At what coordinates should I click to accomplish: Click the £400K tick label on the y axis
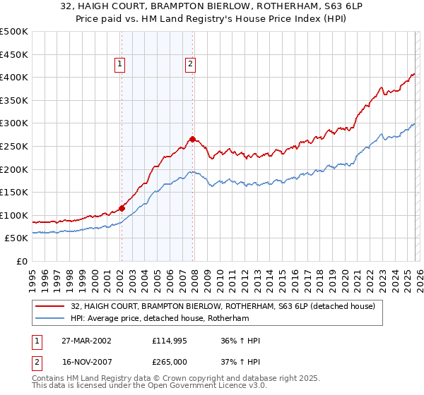(13, 77)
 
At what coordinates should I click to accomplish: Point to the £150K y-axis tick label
(13, 192)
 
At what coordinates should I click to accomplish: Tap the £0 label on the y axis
(20, 261)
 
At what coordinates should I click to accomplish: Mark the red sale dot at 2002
(122, 208)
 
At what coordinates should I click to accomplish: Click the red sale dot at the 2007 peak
(192, 139)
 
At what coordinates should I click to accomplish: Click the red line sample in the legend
(50, 306)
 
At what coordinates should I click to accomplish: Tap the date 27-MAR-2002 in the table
(88, 341)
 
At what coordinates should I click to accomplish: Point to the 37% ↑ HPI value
(240, 361)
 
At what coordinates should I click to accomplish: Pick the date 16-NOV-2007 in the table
(88, 361)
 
